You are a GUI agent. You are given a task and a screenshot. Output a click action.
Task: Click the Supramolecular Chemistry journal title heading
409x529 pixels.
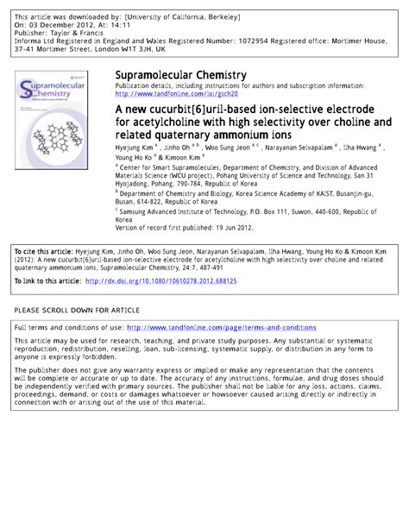point(180,76)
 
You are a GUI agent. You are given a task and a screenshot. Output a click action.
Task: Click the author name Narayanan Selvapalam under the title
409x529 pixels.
point(309,148)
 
